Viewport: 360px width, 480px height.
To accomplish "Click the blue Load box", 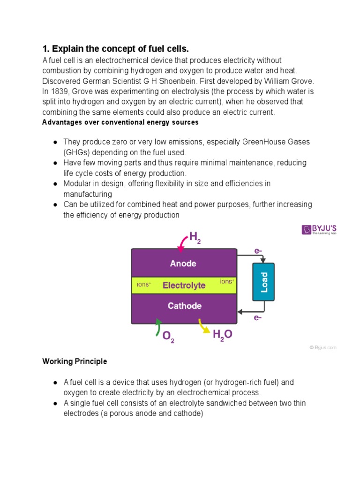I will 263,282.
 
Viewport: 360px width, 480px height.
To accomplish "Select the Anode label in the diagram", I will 183,263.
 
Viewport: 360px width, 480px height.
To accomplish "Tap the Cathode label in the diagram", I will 185,306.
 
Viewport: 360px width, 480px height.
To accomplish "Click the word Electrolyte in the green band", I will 184,285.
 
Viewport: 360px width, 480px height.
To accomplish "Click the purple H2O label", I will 222,335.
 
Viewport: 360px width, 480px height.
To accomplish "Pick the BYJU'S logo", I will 319,230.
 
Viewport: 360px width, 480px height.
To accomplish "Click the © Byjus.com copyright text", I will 322,347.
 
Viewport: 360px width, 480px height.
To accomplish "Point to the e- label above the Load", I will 258,251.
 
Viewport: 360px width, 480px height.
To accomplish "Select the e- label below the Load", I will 257,317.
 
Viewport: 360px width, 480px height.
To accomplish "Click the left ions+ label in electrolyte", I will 144,284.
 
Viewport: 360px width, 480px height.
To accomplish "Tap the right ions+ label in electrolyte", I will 227,281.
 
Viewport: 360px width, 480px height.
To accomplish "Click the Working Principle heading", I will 75,361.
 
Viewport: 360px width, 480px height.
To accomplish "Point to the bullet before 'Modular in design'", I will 55,184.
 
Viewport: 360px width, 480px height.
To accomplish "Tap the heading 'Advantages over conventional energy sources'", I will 120,122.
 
